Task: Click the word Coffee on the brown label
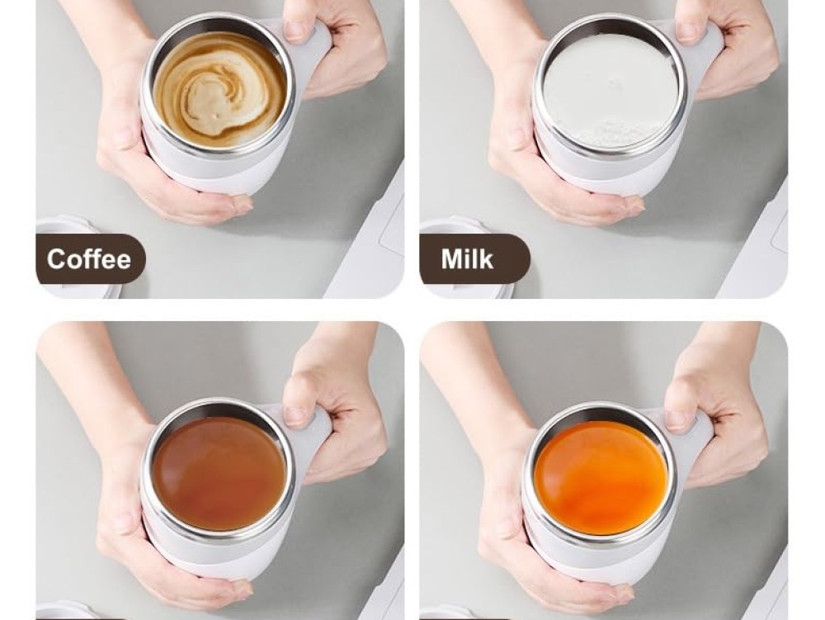click(x=88, y=259)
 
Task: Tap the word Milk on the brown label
click(x=467, y=259)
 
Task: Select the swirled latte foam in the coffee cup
click(x=220, y=89)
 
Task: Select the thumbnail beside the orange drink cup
click(x=677, y=419)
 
